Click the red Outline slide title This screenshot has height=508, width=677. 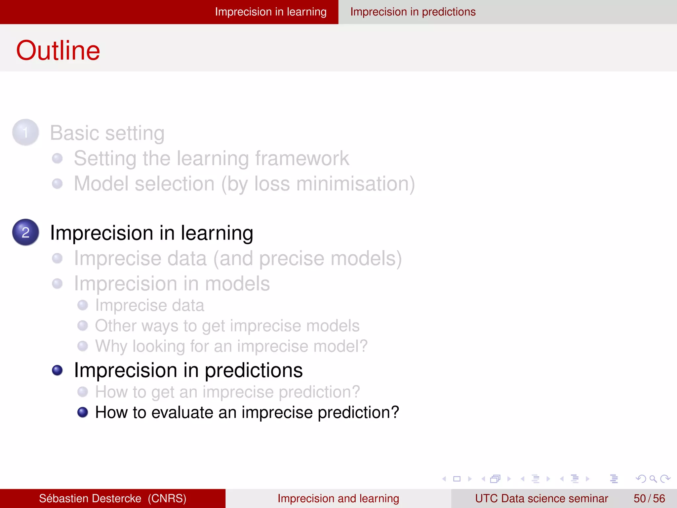coord(58,51)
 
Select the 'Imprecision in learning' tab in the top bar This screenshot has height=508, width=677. coord(270,12)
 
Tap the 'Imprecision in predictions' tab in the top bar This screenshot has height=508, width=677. coord(413,12)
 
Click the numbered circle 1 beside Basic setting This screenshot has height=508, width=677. coord(25,133)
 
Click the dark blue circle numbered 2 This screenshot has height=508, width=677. coord(25,232)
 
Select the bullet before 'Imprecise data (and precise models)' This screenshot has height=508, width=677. coord(58,258)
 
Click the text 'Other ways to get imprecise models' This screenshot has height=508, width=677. coord(227,326)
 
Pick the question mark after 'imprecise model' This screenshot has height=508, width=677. coord(363,346)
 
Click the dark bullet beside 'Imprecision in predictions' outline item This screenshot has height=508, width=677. coord(58,370)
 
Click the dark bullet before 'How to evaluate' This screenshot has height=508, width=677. coord(83,412)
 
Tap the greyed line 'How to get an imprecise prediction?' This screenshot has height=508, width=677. coord(227,392)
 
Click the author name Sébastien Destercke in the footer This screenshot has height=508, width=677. coord(90,498)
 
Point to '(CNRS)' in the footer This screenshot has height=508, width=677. coord(167,498)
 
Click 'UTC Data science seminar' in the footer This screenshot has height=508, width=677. coord(541,498)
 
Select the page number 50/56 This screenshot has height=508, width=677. coord(649,498)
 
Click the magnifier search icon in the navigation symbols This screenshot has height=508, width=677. coord(653,479)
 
